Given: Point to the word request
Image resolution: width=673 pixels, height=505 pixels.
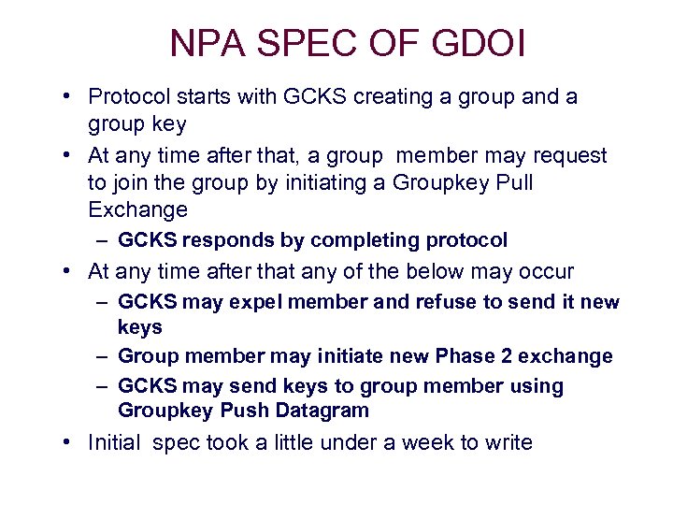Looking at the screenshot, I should (569, 156).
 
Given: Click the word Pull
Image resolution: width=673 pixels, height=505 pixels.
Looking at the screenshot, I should (512, 182).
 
